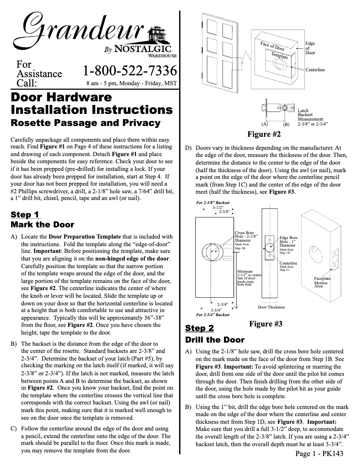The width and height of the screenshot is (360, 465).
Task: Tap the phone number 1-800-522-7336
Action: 129,71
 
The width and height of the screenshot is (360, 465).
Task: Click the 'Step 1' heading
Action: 25,214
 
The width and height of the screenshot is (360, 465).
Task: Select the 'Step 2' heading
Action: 199,328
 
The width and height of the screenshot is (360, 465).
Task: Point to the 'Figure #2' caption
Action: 264,134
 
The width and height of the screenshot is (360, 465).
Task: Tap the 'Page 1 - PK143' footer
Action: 319,454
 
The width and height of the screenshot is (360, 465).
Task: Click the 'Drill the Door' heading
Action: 215,339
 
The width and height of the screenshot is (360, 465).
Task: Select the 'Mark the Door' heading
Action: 42,225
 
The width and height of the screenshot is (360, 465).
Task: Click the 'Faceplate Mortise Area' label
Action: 322,282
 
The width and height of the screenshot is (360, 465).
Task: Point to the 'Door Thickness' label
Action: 271,307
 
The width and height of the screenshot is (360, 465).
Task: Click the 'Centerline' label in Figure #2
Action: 315,70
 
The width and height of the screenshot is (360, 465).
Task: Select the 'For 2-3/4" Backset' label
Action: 213,315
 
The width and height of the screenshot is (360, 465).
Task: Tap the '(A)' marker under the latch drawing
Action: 264,124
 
